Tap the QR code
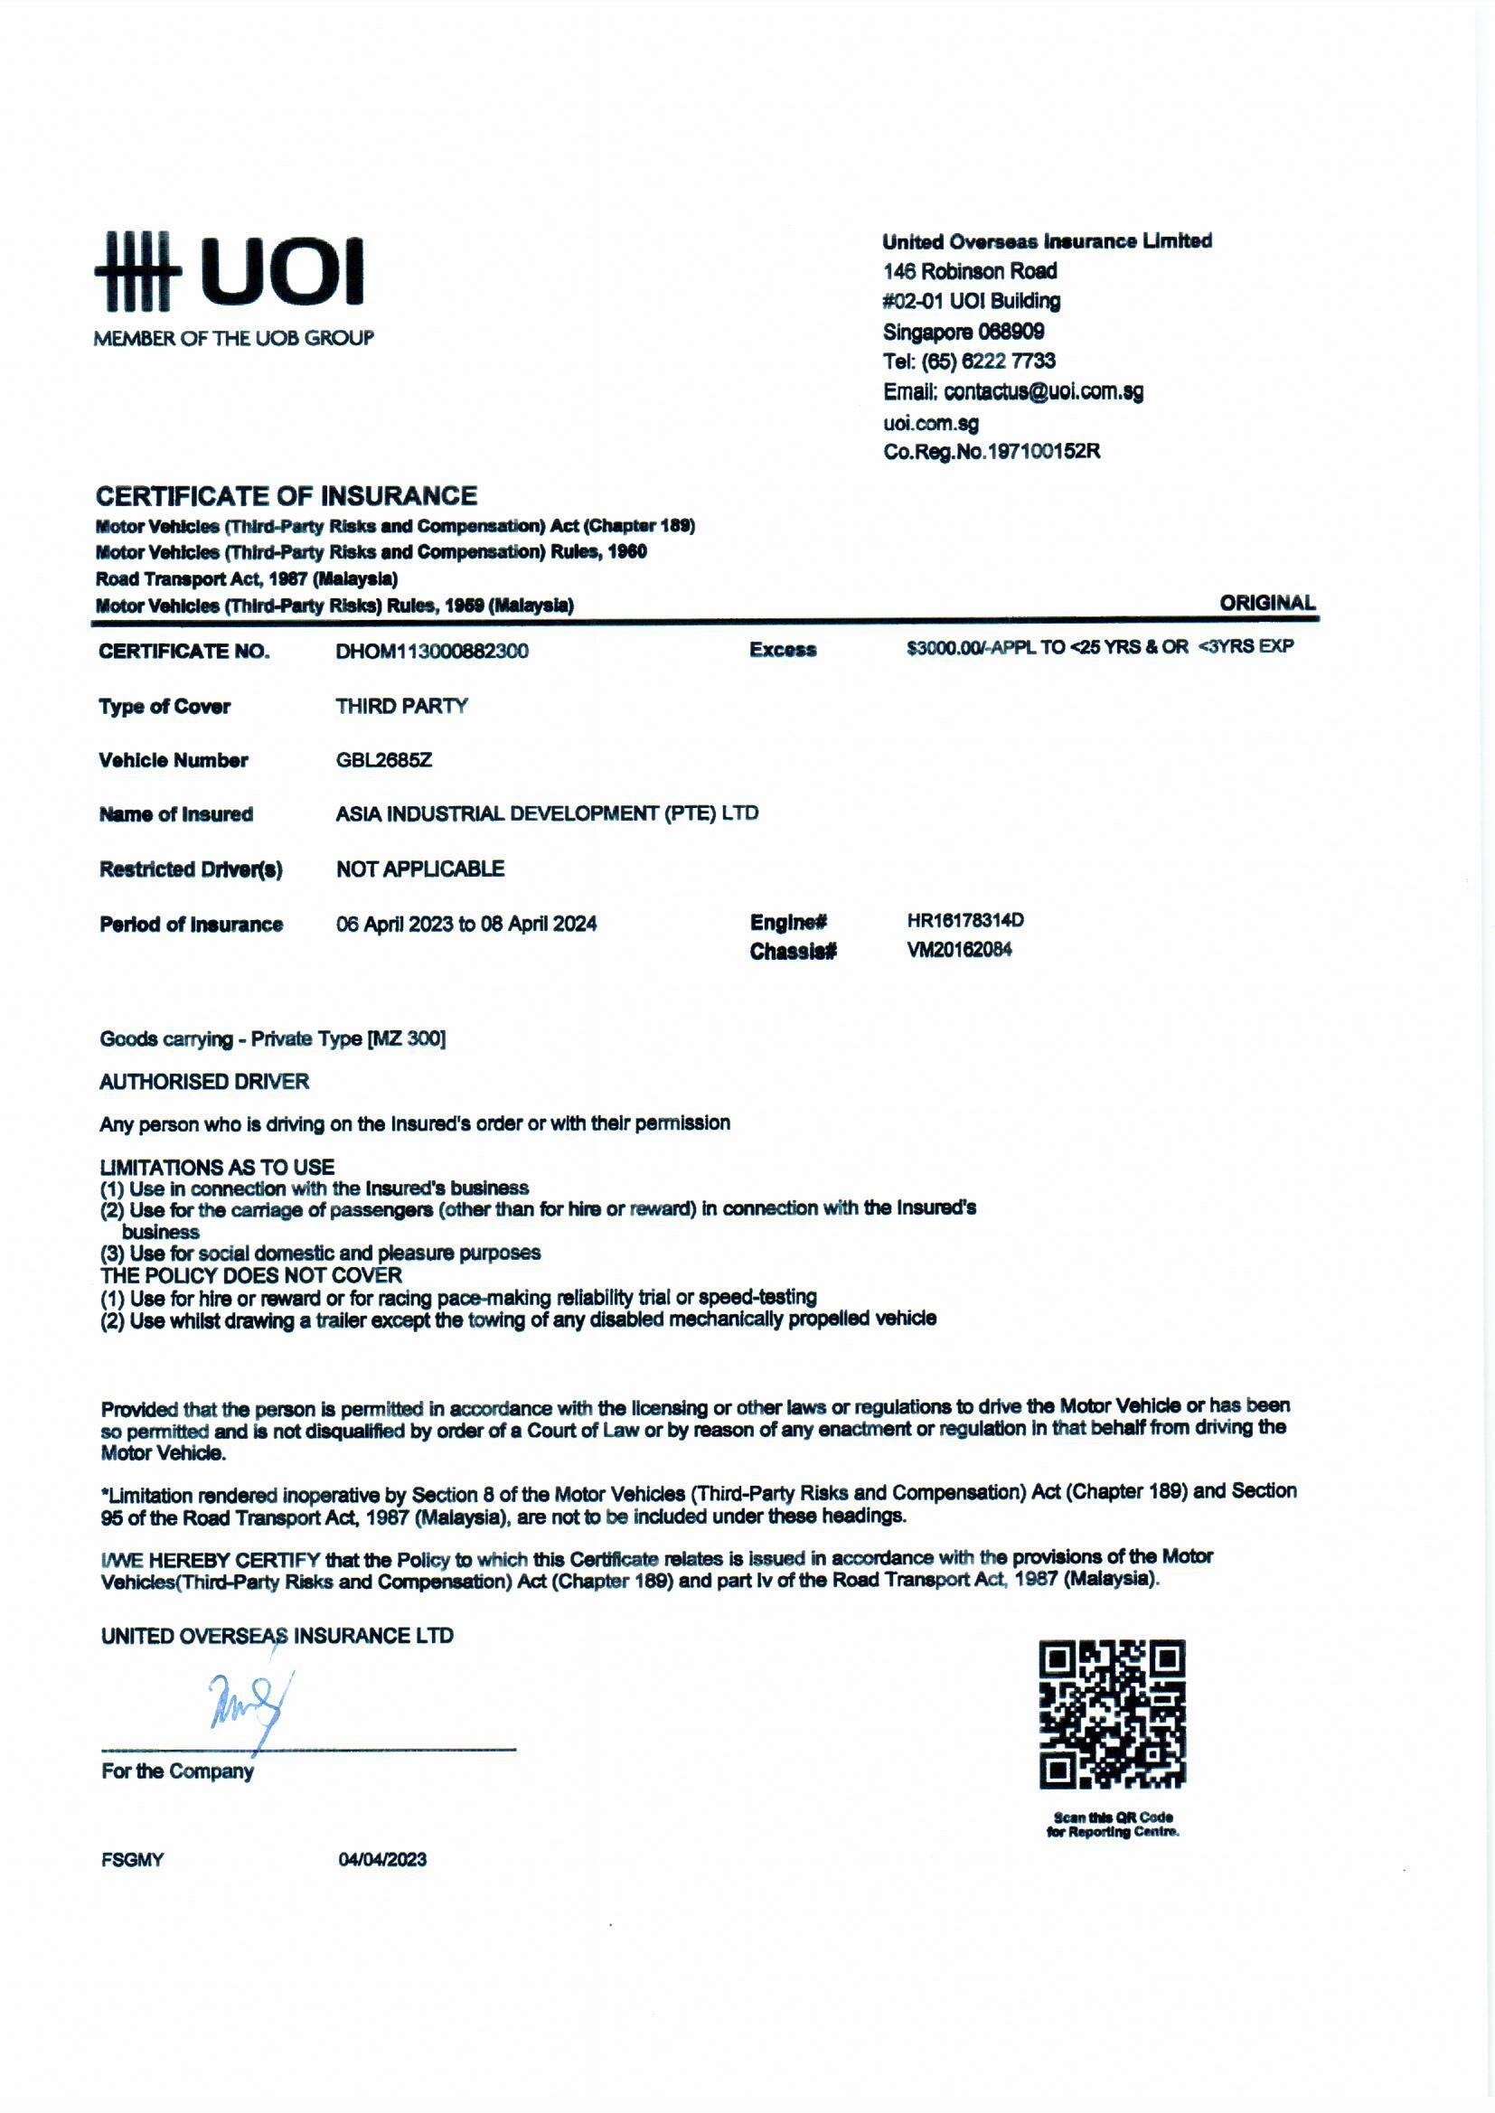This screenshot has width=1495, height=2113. (1112, 1714)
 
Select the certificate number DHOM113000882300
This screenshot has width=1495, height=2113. (432, 652)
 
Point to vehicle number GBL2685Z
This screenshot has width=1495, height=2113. (384, 760)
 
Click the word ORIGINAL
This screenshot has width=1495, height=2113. (1266, 603)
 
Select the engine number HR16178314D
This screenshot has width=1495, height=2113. (964, 920)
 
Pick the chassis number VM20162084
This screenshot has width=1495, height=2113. (959, 950)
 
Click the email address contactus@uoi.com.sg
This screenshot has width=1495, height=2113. (1043, 392)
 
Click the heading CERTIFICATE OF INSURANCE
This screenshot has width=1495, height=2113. (287, 496)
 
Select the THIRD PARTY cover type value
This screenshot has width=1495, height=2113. (401, 706)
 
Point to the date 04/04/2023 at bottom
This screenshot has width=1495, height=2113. (382, 1859)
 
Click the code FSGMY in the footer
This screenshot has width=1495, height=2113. (133, 1860)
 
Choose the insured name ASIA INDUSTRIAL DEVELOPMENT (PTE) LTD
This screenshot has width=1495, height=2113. (547, 813)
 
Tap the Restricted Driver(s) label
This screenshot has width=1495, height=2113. (191, 869)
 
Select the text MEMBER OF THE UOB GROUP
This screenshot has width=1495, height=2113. (234, 339)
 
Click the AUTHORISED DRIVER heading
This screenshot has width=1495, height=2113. (204, 1081)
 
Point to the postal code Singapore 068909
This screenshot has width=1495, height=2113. (963, 332)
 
